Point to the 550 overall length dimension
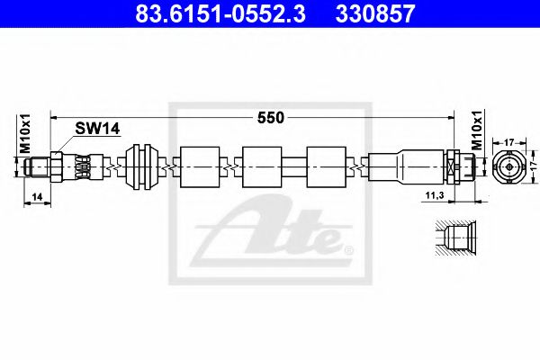[271, 117]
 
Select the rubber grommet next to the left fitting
[142, 166]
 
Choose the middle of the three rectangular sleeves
[261, 166]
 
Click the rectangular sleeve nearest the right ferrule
[324, 166]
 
